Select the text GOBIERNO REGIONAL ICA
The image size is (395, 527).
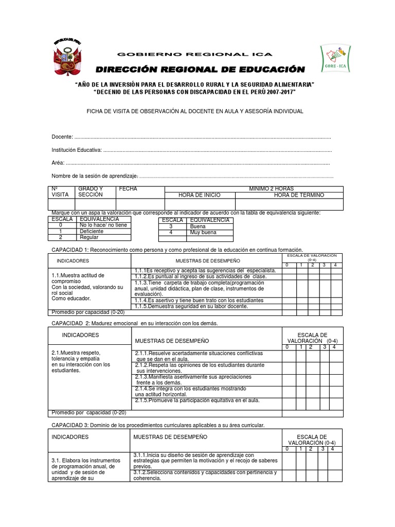pos(195,55)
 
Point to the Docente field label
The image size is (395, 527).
pos(62,137)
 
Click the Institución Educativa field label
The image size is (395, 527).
pos(77,150)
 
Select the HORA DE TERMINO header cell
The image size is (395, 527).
pos(299,195)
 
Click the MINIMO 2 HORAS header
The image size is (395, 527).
pos(271,189)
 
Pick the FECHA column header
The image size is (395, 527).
pos(128,189)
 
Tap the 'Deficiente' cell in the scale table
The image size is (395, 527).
pos(92,232)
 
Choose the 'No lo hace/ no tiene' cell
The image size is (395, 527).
pos(103,225)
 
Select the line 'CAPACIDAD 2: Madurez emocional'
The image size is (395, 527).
pos(134,323)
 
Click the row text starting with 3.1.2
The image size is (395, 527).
pos(205,475)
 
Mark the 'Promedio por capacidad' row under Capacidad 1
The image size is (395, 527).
pos(87,312)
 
